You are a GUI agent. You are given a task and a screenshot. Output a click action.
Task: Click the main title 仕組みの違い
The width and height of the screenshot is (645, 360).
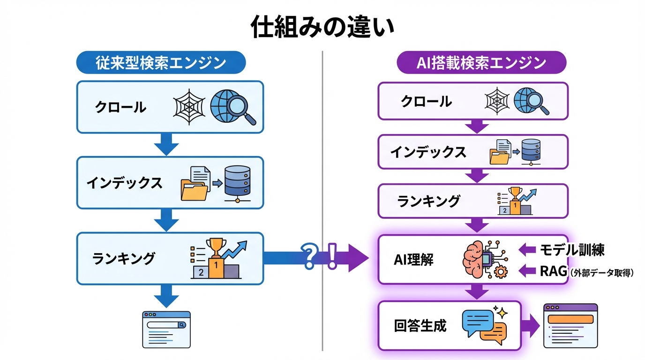tap(322, 27)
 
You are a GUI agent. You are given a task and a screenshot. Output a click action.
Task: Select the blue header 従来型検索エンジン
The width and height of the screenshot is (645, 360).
tap(161, 63)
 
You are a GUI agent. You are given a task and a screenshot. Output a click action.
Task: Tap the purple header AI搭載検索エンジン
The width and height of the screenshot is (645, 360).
tap(481, 63)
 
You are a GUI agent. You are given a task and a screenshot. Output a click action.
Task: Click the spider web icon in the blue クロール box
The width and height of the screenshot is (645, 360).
tap(189, 107)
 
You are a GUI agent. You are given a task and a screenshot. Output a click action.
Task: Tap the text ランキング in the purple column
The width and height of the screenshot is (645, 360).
tap(428, 201)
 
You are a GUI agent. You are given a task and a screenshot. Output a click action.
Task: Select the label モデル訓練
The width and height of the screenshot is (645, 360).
tap(572, 250)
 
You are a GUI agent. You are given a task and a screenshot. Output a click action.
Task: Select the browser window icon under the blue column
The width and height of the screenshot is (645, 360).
tap(166, 329)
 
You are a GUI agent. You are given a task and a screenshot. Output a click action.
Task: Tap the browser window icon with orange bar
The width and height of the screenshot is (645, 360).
tap(570, 325)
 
